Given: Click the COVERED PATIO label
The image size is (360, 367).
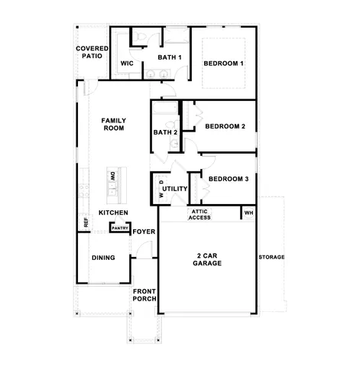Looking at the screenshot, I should tap(91, 52).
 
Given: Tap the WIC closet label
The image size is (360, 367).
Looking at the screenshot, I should tap(128, 63).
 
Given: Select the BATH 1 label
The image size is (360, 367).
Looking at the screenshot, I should tap(170, 57).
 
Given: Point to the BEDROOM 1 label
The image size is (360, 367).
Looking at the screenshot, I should tap(223, 63).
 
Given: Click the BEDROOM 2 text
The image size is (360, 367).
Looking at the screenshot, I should tap(225, 126).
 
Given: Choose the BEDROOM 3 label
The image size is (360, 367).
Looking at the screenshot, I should tap(229, 179).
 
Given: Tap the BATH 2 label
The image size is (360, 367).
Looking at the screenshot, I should tap(165, 132).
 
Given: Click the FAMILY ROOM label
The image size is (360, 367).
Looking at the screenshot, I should tap(114, 125).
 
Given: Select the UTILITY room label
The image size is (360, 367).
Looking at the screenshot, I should tap(174, 187).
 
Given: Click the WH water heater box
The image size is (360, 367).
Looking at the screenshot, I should tap(248, 213).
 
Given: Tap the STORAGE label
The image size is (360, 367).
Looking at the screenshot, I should tap(271, 257).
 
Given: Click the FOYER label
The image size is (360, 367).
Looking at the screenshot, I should tap(144, 231).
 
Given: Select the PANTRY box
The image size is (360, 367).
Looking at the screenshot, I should tap(119, 227).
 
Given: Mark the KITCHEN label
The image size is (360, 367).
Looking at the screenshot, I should tap(113, 213).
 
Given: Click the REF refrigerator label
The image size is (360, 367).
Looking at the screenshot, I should tap(86, 223).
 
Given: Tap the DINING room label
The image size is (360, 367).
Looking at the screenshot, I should tap(103, 258).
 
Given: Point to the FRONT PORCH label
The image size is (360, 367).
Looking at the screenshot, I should tap(144, 295).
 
